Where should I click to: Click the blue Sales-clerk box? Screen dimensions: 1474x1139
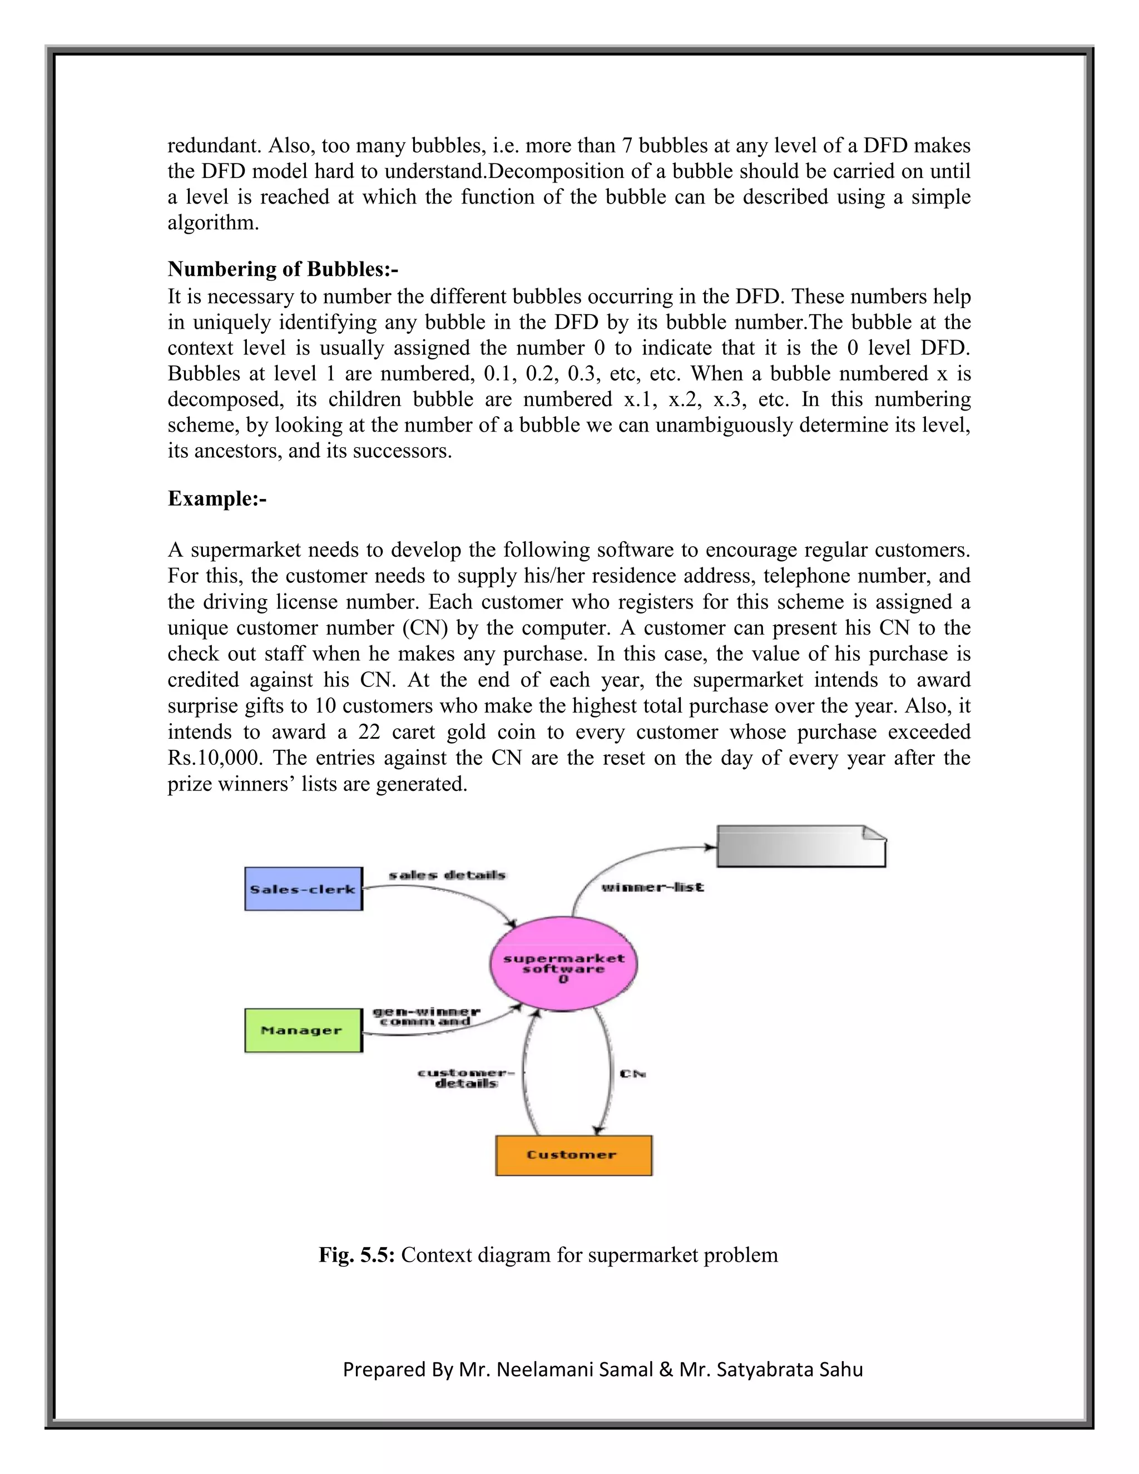[303, 889]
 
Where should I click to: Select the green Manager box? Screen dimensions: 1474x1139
[303, 1031]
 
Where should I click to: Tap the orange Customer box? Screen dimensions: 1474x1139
[573, 1155]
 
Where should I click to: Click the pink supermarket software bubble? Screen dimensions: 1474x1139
[563, 964]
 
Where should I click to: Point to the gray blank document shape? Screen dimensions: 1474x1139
[801, 847]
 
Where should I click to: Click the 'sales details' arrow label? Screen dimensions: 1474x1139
[447, 876]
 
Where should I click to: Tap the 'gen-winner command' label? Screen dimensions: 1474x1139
[426, 1016]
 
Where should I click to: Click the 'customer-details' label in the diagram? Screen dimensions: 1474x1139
[465, 1078]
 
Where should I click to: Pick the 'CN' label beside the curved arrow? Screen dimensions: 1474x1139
[633, 1073]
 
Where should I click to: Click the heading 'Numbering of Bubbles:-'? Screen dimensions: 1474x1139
[283, 269]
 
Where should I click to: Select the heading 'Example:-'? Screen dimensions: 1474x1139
[216, 499]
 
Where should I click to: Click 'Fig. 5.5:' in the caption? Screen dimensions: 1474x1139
[357, 1255]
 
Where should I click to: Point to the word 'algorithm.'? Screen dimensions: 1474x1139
[213, 222]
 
